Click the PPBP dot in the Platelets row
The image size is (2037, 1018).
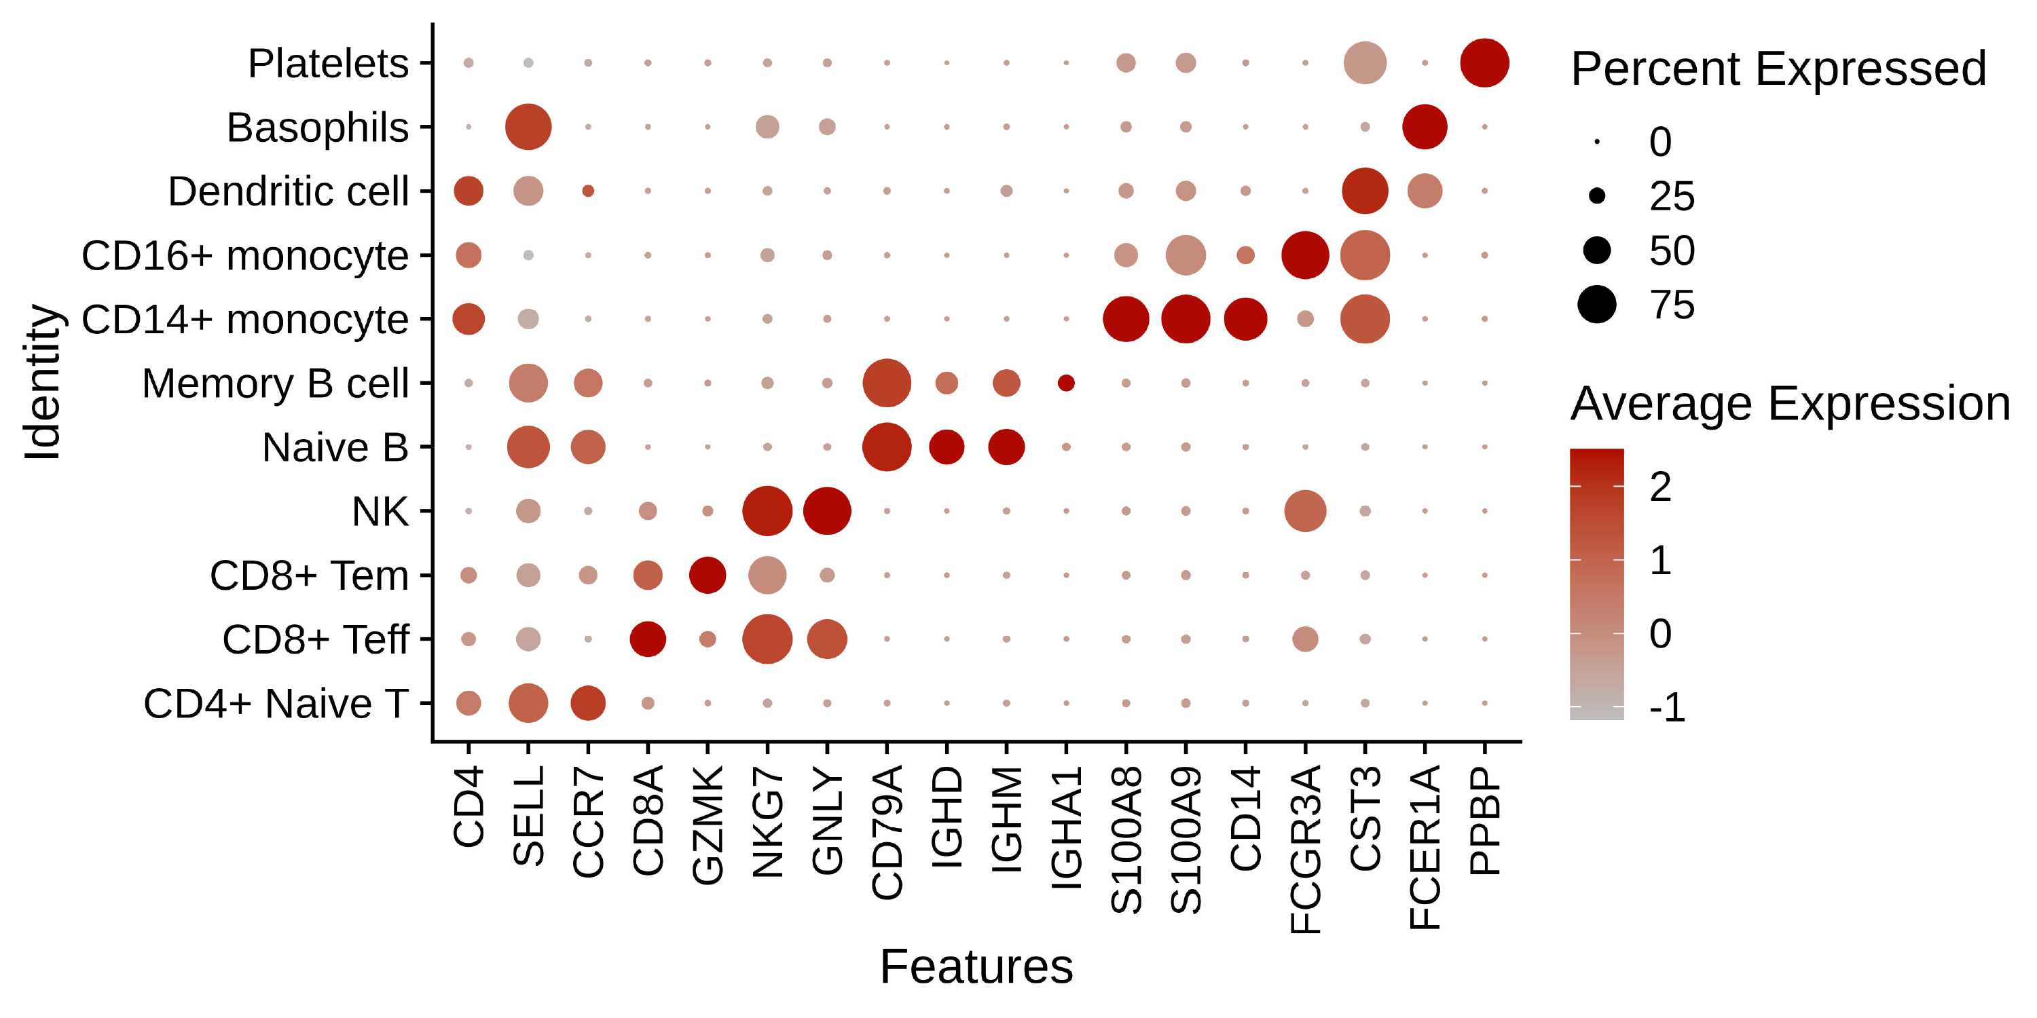pyautogui.click(x=1484, y=62)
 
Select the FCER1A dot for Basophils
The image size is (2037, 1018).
pyautogui.click(x=1424, y=126)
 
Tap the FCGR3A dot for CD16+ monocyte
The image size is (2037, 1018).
pyautogui.click(x=1305, y=255)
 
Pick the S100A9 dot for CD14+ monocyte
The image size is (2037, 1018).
pyautogui.click(x=1186, y=319)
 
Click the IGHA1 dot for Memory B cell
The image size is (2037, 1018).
pyautogui.click(x=1066, y=383)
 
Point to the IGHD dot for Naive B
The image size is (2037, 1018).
pyautogui.click(x=947, y=447)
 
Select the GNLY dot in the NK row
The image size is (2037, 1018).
pyautogui.click(x=827, y=511)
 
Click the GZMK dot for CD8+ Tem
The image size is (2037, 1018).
pyautogui.click(x=708, y=576)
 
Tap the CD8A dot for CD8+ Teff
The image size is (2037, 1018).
pyautogui.click(x=648, y=639)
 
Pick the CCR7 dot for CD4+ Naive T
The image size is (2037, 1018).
pyautogui.click(x=587, y=702)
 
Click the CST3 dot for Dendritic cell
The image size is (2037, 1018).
pyautogui.click(x=1365, y=191)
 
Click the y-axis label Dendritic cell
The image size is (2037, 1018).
pyautogui.click(x=288, y=191)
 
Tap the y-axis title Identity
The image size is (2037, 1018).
pyautogui.click(x=43, y=383)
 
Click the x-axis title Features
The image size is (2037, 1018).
pyautogui.click(x=976, y=966)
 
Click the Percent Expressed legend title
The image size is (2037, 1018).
pyautogui.click(x=1778, y=69)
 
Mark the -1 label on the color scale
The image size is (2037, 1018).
pyautogui.click(x=1667, y=706)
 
